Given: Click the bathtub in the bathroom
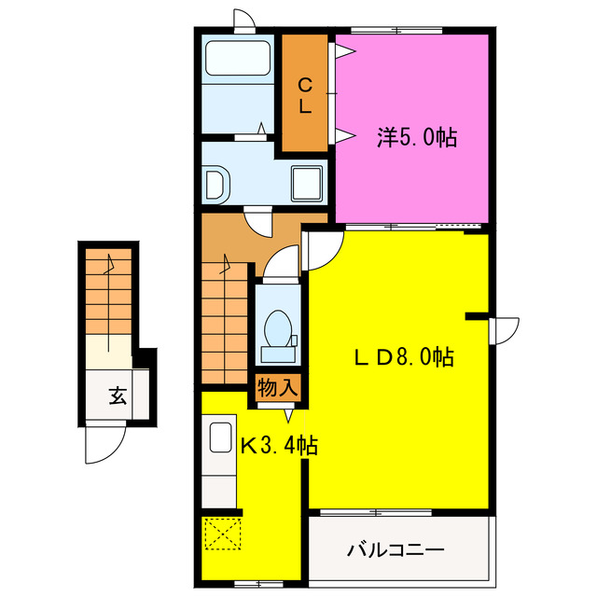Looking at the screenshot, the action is [238, 58].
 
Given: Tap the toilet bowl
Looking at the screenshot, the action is [278, 328].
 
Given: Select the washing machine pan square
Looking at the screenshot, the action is [307, 183].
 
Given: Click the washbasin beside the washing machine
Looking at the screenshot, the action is [215, 185].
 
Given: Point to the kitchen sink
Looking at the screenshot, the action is [221, 437].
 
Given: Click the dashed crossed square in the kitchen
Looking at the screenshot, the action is [223, 533].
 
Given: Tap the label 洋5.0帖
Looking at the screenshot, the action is [417, 137].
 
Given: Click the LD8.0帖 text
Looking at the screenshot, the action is [404, 356].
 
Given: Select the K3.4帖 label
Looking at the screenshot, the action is [280, 445].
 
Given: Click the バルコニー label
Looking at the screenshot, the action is [396, 550].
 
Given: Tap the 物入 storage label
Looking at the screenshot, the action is [278, 388].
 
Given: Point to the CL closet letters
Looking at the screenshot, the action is [305, 95].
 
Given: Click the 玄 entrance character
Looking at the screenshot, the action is [118, 396].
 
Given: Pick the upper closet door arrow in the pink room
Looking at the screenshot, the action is [345, 51].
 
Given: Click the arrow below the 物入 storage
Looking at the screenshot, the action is [289, 416].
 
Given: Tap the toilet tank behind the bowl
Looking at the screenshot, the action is [278, 354].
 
